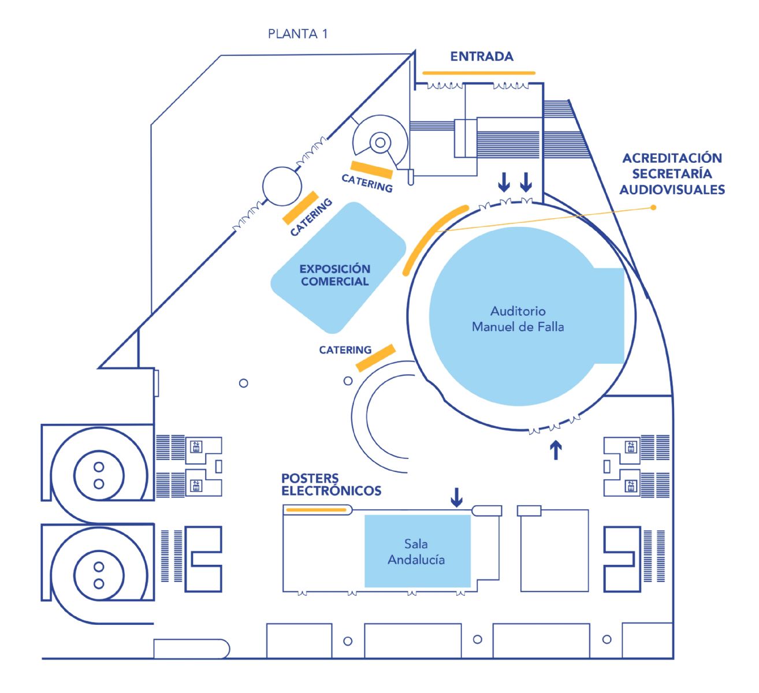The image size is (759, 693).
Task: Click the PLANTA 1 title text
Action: tap(297, 34)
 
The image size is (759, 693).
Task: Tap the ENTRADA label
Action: tap(481, 57)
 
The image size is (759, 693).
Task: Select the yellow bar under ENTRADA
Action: tap(479, 73)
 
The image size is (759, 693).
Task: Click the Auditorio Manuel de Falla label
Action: tap(518, 319)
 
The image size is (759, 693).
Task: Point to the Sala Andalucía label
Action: tap(416, 552)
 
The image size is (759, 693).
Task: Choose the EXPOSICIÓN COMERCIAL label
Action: tap(335, 275)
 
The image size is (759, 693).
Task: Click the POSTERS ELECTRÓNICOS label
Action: tap(331, 485)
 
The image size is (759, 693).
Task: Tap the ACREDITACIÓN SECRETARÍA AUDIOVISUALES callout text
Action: tap(672, 173)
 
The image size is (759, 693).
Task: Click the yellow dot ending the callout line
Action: tap(654, 207)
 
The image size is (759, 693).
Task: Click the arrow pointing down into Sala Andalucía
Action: tap(456, 497)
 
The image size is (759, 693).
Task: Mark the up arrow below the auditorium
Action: tap(555, 450)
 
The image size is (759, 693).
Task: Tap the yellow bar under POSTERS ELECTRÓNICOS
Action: tap(316, 510)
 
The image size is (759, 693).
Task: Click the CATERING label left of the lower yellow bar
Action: tap(345, 350)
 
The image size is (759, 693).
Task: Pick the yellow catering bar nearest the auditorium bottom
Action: tap(375, 357)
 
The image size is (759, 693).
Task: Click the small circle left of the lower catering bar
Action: tap(348, 381)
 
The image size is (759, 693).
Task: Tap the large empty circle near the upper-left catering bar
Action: tap(282, 187)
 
